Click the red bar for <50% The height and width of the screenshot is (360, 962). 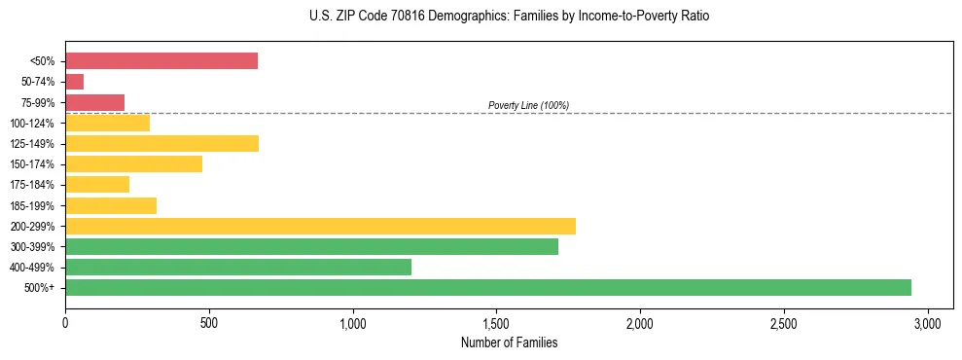161,61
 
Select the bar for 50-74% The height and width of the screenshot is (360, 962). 74,82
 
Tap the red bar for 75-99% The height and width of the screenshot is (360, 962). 94,102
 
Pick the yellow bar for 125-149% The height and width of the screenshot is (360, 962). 161,144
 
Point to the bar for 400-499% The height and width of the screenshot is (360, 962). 238,267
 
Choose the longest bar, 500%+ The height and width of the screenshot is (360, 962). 488,287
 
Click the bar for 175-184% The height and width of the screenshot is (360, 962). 97,185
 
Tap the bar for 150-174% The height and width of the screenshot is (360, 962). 133,164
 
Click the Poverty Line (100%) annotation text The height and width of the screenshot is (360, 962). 528,105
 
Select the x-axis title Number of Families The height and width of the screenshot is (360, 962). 509,342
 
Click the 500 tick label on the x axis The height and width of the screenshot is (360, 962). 209,323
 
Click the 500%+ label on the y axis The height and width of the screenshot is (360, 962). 42,288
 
